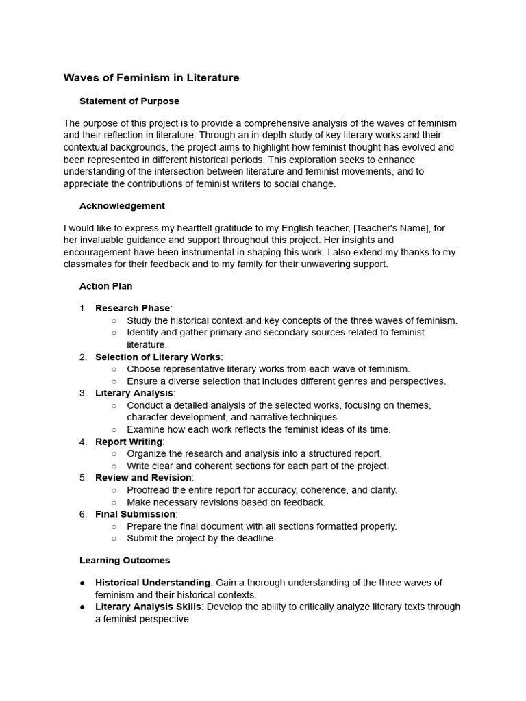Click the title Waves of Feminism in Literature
(151, 78)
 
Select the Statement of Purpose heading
(129, 101)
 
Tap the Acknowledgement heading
(122, 206)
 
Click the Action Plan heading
(106, 286)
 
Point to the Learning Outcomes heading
(125, 561)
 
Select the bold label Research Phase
(132, 309)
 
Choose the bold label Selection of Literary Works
(158, 357)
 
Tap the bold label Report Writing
(129, 442)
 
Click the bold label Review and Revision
(143, 478)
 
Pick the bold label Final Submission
(135, 514)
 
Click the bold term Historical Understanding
(153, 583)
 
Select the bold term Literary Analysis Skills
(148, 607)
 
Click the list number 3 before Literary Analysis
(83, 393)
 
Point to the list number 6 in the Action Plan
(83, 514)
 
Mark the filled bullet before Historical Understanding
(83, 583)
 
